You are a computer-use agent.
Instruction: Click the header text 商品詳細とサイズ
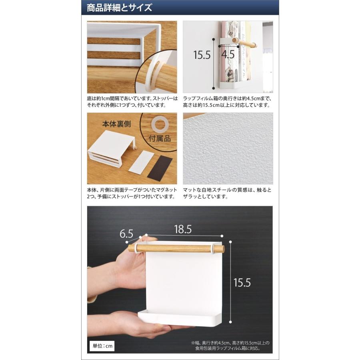pyautogui.click(x=119, y=8)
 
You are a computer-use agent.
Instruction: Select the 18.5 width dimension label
pyautogui.click(x=183, y=229)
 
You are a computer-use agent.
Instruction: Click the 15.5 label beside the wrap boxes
pyautogui.click(x=202, y=54)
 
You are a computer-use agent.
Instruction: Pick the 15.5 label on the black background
pyautogui.click(x=242, y=282)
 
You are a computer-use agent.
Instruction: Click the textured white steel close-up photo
pyautogui.click(x=228, y=148)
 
